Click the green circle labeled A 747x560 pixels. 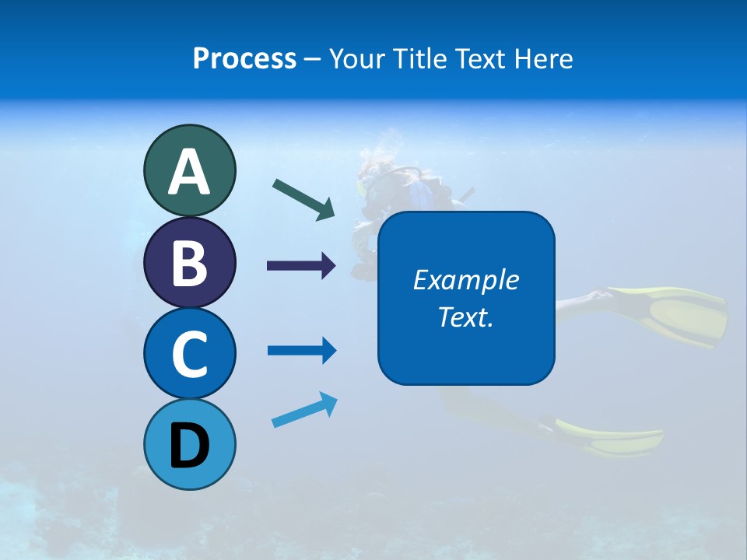click(189, 170)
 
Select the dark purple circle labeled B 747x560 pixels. click(189, 262)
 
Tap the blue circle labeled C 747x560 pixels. click(189, 353)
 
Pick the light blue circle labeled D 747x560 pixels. click(189, 444)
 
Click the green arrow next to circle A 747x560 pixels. click(303, 198)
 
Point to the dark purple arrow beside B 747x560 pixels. click(301, 266)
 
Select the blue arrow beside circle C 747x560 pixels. click(301, 351)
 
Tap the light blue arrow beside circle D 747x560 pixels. click(304, 411)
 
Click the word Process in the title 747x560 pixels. click(244, 58)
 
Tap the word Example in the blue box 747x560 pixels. click(465, 280)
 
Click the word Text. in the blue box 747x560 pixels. click(465, 317)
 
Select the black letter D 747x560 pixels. click(189, 446)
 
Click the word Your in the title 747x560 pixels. click(355, 58)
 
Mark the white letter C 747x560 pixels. click(189, 355)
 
